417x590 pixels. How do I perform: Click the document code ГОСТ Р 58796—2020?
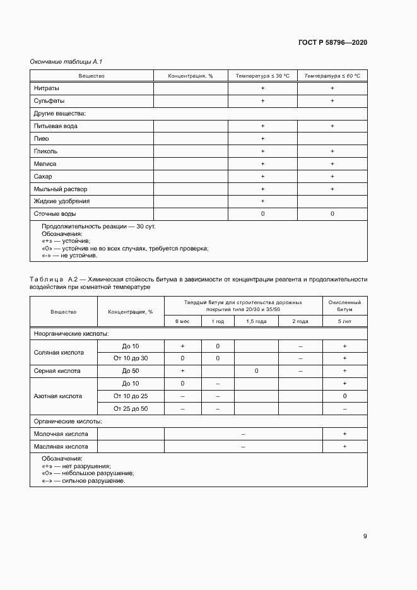pyautogui.click(x=332, y=42)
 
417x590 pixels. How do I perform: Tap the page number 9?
pyautogui.click(x=365, y=536)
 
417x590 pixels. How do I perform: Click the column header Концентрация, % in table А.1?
pyautogui.click(x=190, y=76)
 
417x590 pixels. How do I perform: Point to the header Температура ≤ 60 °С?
pyautogui.click(x=332, y=76)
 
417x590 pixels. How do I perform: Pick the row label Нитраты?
pyautogui.click(x=47, y=88)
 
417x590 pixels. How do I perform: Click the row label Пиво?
pyautogui.click(x=41, y=139)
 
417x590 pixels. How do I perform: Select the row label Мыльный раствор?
pyautogui.click(x=61, y=189)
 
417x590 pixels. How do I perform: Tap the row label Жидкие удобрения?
pyautogui.click(x=62, y=201)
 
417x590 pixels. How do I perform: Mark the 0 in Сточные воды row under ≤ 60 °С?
pyautogui.click(x=332, y=214)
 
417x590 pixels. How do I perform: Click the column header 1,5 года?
pyautogui.click(x=256, y=322)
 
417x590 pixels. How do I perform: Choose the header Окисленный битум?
pyautogui.click(x=344, y=306)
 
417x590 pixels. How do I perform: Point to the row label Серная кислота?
pyautogui.click(x=57, y=371)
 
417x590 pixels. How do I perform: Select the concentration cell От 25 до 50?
pyautogui.click(x=131, y=409)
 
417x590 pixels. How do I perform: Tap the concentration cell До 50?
pyautogui.click(x=131, y=371)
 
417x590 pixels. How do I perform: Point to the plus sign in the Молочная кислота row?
pyautogui.click(x=344, y=434)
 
